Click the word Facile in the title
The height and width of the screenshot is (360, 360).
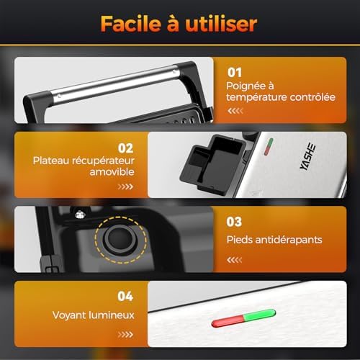(x=131, y=24)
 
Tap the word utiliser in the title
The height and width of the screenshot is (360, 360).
(x=221, y=24)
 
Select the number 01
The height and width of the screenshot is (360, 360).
(x=235, y=73)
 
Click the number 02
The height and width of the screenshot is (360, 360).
(x=125, y=148)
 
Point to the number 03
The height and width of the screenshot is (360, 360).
(x=234, y=222)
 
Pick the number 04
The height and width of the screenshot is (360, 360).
(x=125, y=296)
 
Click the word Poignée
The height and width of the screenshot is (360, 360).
(x=243, y=86)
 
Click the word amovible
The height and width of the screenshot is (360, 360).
(x=112, y=172)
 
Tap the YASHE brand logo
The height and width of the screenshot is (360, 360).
(x=307, y=156)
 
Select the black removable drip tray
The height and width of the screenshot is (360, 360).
(x=212, y=164)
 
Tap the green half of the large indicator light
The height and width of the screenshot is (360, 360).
(x=260, y=315)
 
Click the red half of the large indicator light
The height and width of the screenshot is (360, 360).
(x=228, y=321)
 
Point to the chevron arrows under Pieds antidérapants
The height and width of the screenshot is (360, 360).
(x=235, y=260)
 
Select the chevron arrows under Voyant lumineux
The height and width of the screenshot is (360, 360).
(x=125, y=334)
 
